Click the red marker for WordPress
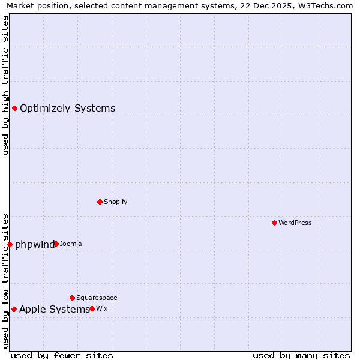point(274,223)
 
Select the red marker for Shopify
point(100,202)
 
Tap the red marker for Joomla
point(56,244)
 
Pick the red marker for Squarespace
point(72,298)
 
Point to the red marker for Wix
point(92,308)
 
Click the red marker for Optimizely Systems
point(14,108)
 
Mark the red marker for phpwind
point(10,244)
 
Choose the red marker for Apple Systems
point(14,309)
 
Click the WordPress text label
point(295,223)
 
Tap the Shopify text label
point(115,202)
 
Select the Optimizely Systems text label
point(67,108)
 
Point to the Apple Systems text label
point(54,309)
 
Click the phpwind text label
point(34,244)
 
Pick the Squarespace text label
point(97,298)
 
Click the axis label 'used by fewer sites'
point(62,355)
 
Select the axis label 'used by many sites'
point(301,355)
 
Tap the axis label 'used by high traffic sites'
point(5,85)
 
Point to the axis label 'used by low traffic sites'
point(5,281)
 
